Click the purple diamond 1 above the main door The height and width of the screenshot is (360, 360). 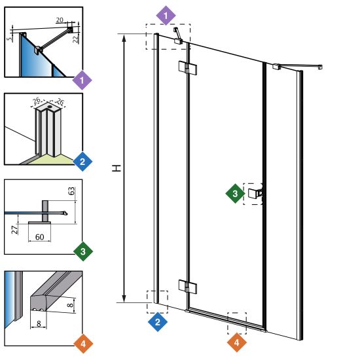pos(166,16)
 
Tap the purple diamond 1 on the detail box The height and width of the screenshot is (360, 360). pos(82,81)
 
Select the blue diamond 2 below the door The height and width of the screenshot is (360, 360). pos(158,321)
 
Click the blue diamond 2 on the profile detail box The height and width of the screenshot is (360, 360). pos(82,162)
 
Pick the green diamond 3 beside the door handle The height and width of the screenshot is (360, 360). pos(235,193)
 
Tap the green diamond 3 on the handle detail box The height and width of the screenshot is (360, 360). pos(83,251)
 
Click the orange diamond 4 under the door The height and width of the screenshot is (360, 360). pos(237,342)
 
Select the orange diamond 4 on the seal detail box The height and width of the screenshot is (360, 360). pos(83,344)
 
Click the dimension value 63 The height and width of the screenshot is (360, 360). pos(72,191)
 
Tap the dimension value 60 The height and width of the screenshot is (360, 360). pos(40,237)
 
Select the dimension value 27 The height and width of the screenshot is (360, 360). pos(15,230)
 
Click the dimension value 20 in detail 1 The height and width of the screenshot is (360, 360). pos(60,20)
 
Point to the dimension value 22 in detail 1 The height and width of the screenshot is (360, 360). pos(76,39)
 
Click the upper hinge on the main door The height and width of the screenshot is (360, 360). pos(188,67)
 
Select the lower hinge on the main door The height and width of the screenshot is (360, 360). pos(188,286)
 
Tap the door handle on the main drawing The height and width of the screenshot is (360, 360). pos(255,193)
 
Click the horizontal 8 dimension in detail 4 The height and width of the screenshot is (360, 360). pos(39,323)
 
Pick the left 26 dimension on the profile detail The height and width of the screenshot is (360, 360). pos(37,101)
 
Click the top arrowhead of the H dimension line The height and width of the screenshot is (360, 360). pos(124,38)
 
